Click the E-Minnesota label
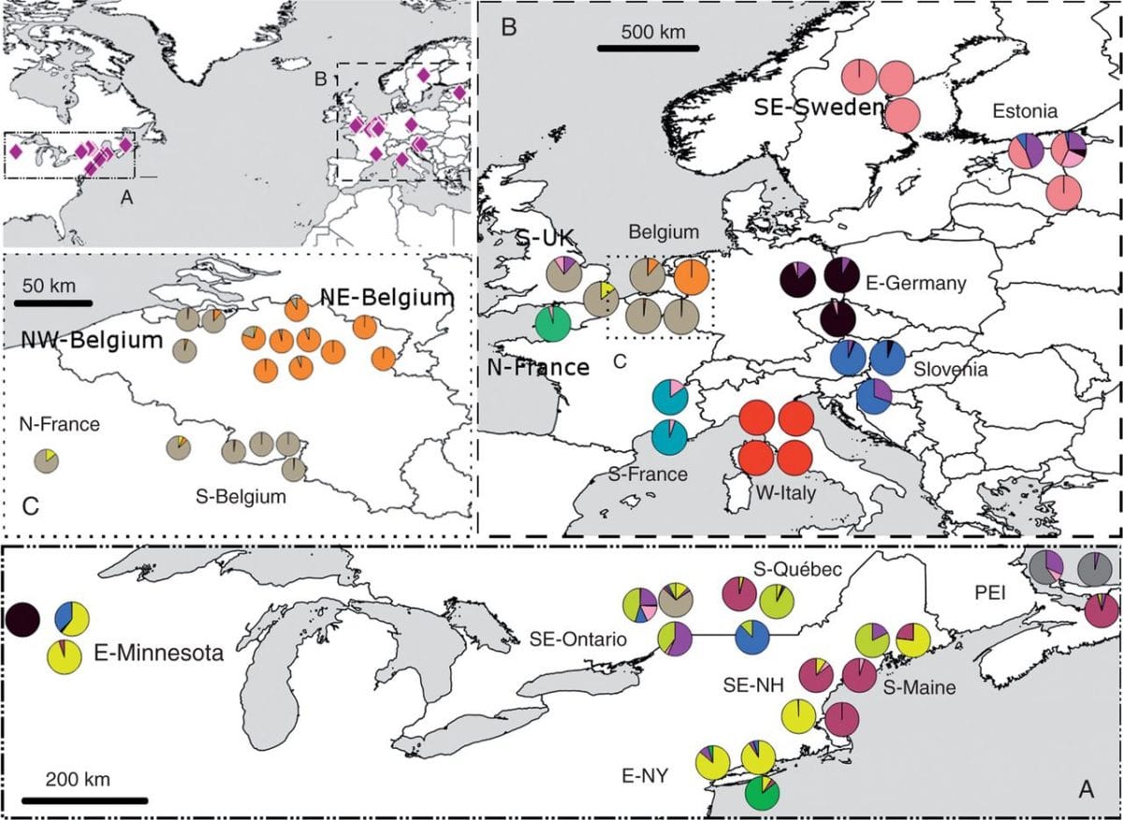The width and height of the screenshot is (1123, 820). [x=158, y=652]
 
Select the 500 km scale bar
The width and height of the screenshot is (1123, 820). [x=648, y=47]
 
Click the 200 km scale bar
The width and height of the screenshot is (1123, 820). [x=84, y=799]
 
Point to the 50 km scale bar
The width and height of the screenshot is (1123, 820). [x=53, y=302]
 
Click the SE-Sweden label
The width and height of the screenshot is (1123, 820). [x=818, y=108]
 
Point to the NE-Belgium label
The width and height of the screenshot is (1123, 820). [x=386, y=298]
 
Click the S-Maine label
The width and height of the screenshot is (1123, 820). [x=920, y=687]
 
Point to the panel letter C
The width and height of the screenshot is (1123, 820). [x=29, y=506]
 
